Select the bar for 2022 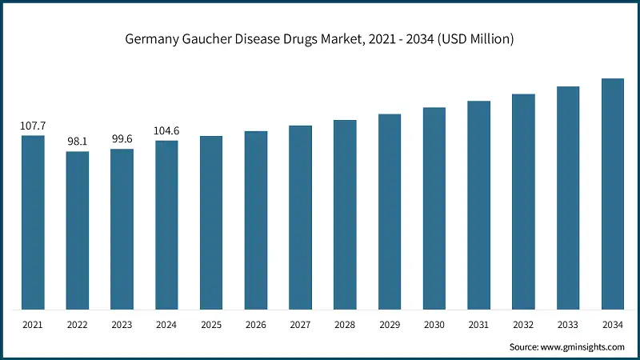[78, 230]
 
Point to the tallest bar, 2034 [612, 194]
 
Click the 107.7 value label [33, 126]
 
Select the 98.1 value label [78, 142]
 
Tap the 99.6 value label [122, 139]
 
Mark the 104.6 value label [167, 130]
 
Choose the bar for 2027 [300, 218]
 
